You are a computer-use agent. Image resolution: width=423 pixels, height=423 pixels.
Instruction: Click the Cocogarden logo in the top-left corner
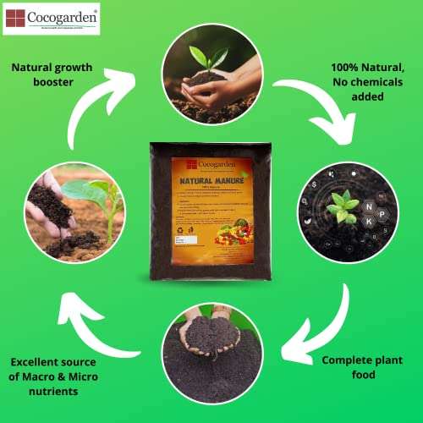pos(51,18)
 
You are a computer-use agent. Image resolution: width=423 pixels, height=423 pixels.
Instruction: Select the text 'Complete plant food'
pos(360,367)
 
